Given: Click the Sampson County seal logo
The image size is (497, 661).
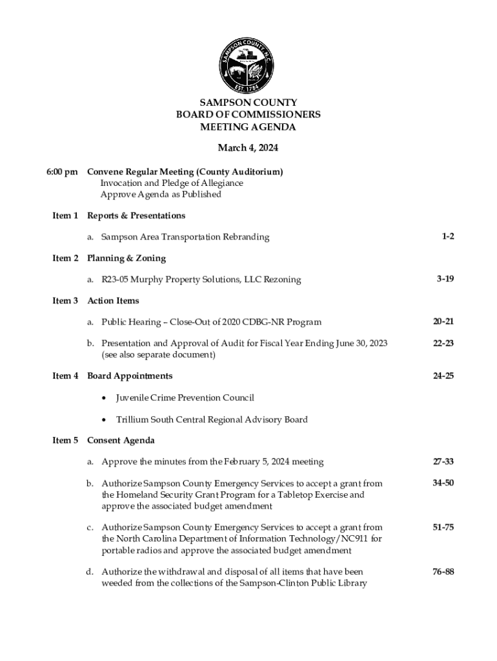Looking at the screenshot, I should pyautogui.click(x=248, y=62).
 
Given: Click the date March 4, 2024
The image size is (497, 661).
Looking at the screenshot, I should pyautogui.click(x=248, y=148).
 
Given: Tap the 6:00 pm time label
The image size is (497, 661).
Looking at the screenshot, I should pyautogui.click(x=62, y=172).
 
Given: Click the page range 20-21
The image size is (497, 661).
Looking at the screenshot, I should pyautogui.click(x=443, y=321).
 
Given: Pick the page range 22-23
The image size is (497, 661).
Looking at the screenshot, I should pyautogui.click(x=443, y=343).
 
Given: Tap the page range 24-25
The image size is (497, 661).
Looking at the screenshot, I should pyautogui.click(x=443, y=376).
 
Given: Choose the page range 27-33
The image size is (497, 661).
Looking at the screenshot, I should pyautogui.click(x=443, y=462).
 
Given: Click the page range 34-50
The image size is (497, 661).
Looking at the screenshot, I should pyautogui.click(x=443, y=483).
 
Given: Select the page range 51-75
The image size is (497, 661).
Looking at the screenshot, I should pyautogui.click(x=443, y=527).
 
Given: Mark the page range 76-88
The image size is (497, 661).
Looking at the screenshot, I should pyautogui.click(x=443, y=571).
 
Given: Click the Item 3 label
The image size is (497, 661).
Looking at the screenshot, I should pyautogui.click(x=65, y=301).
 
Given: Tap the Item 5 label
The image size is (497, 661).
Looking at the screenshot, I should pyautogui.click(x=65, y=440).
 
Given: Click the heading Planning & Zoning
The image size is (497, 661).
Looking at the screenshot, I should pyautogui.click(x=127, y=258).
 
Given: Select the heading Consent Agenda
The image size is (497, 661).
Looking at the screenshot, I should pyautogui.click(x=121, y=440).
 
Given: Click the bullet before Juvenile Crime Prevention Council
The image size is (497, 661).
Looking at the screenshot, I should pyautogui.click(x=104, y=398).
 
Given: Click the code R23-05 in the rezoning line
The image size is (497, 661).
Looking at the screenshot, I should pyautogui.click(x=116, y=280).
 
